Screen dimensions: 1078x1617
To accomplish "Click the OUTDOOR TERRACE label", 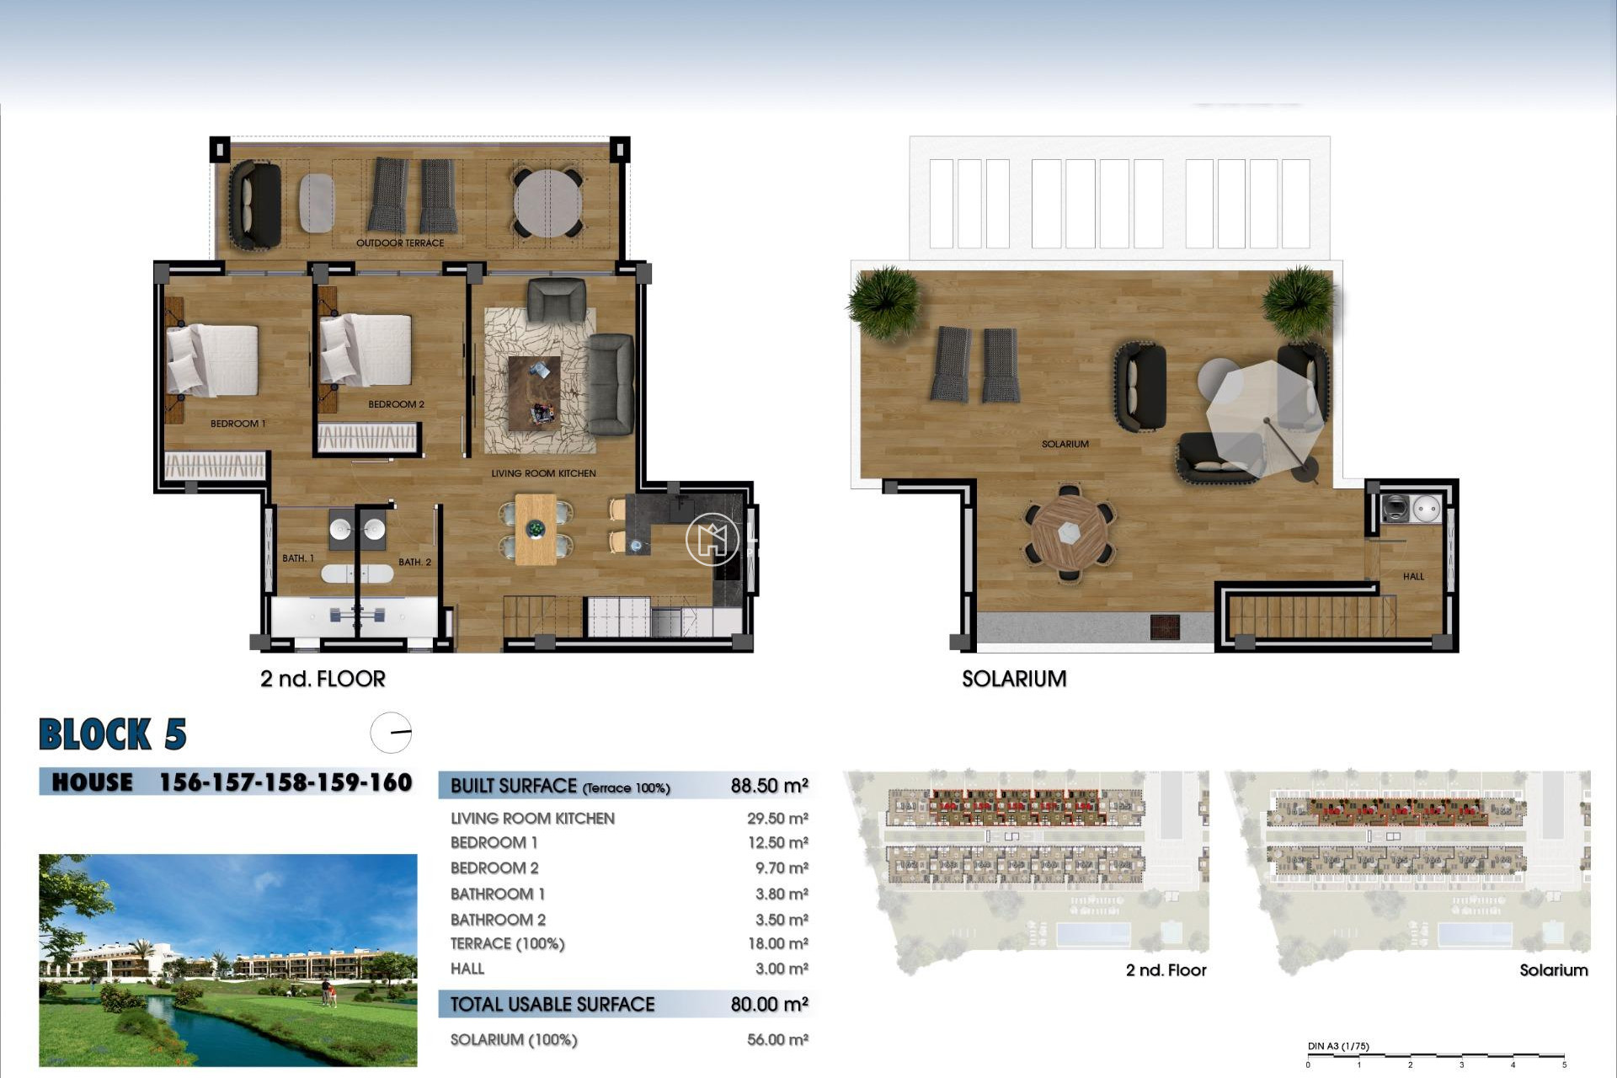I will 399,243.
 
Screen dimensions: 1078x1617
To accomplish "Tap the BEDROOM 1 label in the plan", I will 237,424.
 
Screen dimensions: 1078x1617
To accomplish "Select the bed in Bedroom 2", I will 366,350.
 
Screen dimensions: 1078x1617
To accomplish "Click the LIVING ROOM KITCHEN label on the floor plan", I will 543,473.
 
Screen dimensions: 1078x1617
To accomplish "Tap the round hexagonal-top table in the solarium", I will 1069,533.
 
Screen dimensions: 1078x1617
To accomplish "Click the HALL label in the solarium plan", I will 1413,577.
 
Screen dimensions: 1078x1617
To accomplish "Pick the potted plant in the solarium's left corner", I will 883,302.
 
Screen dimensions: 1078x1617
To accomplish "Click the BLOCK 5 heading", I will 113,734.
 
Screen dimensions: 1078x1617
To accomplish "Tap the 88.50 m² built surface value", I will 769,786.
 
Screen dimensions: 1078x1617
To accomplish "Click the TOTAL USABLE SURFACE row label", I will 552,1005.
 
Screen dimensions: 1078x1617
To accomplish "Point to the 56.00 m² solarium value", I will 776,1040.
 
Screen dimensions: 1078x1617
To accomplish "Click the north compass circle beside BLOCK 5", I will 391,733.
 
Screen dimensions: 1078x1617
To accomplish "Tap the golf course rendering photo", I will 227,960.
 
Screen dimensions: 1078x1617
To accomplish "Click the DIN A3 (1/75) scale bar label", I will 1337,1047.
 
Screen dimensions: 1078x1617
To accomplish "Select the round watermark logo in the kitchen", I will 712,539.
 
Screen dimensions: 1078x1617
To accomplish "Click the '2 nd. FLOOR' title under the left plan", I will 323,679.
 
